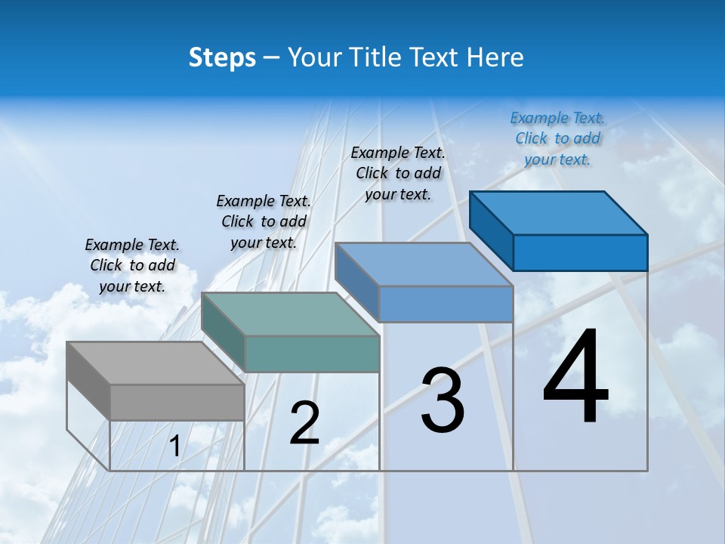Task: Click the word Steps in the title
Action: pos(222,57)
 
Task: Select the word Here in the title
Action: pos(495,57)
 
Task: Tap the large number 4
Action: pos(575,377)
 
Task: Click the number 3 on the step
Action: pos(443,400)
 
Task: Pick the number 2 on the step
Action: pos(304,423)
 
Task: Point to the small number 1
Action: pos(175,447)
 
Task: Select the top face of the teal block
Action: pos(290,314)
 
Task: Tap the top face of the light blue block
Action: pos(424,264)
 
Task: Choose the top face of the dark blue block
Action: pos(558,212)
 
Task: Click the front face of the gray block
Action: pos(177,402)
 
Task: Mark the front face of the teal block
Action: pos(312,354)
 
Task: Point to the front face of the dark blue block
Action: pos(580,252)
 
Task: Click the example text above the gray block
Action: pos(132,265)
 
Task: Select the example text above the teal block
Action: pos(264,221)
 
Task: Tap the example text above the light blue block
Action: pos(398,173)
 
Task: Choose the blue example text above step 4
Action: pos(557,138)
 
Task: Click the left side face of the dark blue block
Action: pos(491,230)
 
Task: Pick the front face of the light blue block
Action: pos(446,304)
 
